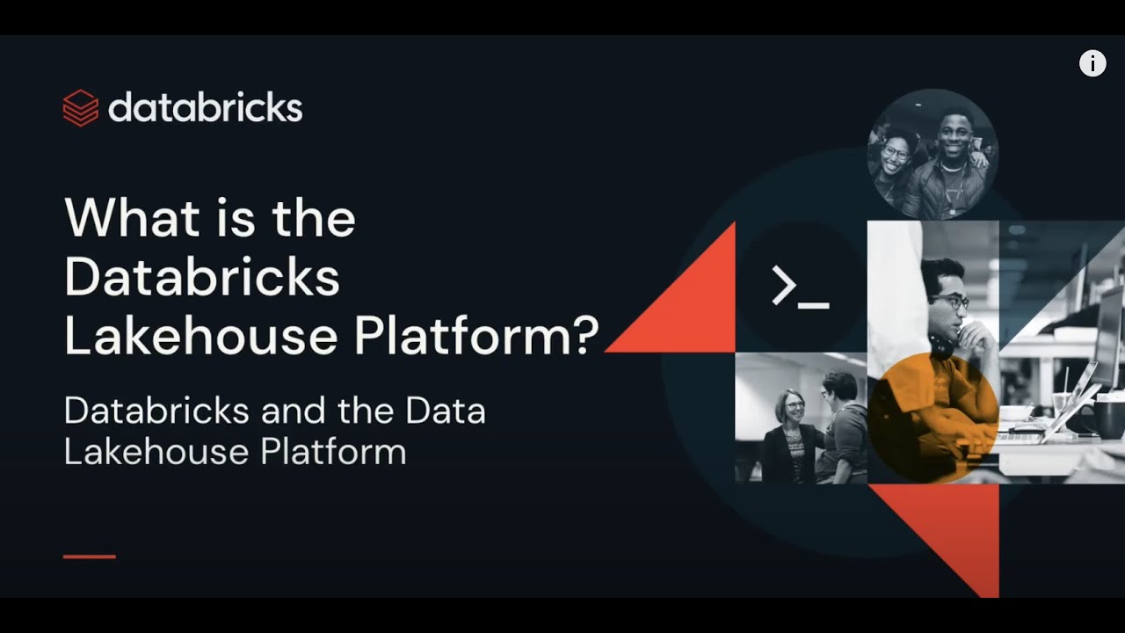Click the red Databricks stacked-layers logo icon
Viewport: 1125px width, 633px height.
80,108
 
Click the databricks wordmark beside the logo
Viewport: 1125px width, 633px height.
205,107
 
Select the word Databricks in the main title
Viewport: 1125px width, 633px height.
202,277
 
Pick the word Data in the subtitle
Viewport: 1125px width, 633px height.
446,411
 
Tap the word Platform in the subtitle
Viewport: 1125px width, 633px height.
333,452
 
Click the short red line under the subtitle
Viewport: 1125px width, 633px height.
90,557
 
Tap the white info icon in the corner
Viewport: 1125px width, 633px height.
1092,63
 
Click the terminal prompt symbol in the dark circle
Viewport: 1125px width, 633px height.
799,287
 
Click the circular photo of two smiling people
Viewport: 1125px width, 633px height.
933,154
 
